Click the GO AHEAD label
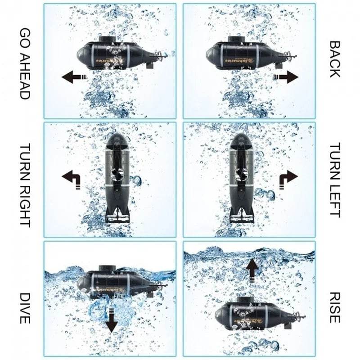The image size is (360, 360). [25, 64]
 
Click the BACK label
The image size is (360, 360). [335, 59]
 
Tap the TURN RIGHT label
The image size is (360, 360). [25, 185]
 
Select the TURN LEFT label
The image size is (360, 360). [335, 180]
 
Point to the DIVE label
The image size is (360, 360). [25, 308]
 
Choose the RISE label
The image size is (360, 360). [335, 307]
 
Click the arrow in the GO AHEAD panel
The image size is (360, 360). [74, 77]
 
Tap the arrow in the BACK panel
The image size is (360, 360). [285, 77]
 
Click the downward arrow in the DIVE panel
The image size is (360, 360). [112, 321]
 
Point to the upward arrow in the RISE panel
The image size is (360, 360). [252, 270]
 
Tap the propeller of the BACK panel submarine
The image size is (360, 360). [292, 56]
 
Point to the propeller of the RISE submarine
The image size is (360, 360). [300, 317]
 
